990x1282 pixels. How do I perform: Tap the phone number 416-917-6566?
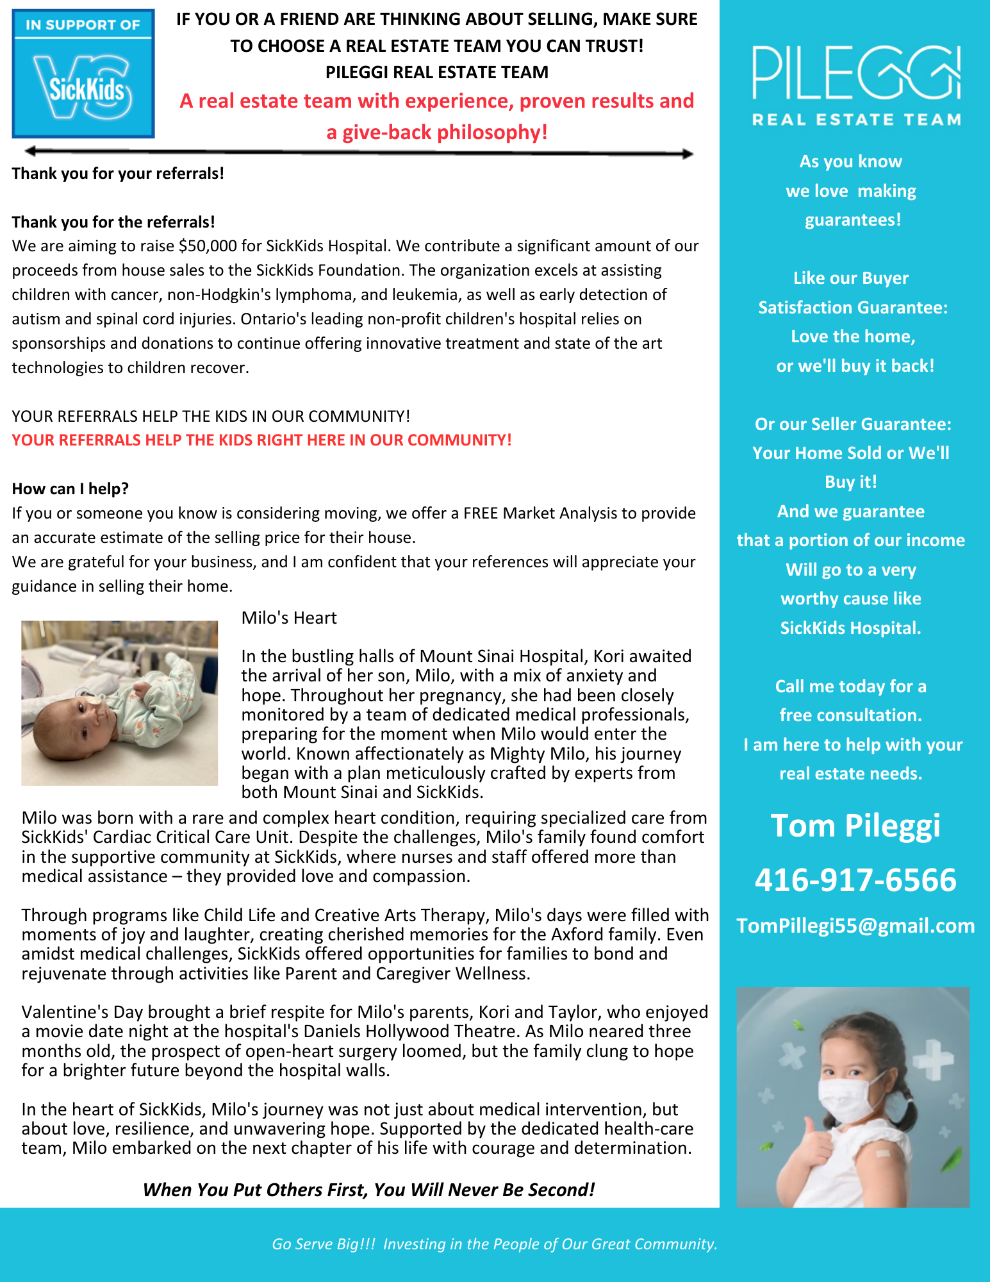tap(855, 879)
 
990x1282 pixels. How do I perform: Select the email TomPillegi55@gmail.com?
tap(855, 926)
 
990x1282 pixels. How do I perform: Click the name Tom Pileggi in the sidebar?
tap(855, 826)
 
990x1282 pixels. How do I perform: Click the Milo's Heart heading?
tap(289, 618)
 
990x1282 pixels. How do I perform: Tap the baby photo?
tap(119, 703)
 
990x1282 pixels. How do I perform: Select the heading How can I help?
tap(70, 489)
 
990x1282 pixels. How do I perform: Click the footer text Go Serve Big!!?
tap(324, 1244)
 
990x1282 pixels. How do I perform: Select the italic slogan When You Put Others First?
tap(368, 1190)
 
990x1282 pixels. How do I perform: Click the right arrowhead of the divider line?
tap(688, 154)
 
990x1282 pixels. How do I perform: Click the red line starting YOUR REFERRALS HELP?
tap(261, 440)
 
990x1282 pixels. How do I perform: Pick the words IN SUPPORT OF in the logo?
tap(83, 25)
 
